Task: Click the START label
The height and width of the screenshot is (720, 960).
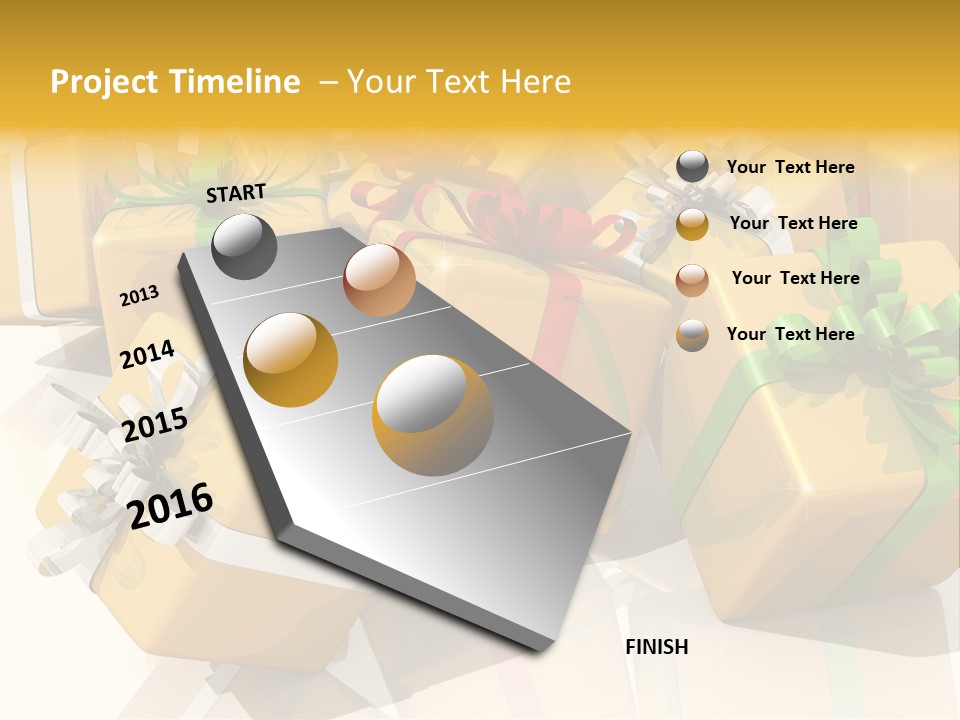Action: (x=236, y=193)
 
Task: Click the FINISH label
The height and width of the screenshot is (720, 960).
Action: (x=656, y=647)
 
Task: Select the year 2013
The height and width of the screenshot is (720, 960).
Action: (x=139, y=296)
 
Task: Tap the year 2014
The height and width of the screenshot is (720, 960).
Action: (x=147, y=355)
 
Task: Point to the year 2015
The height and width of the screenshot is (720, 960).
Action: (x=154, y=425)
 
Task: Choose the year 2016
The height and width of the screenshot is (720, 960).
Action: (x=170, y=506)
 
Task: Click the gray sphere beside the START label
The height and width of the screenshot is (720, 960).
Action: (x=244, y=246)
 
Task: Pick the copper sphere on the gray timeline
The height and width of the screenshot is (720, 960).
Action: (x=379, y=280)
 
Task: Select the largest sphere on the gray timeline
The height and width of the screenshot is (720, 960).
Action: (x=433, y=414)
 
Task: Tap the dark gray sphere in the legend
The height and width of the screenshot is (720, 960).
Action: (x=692, y=167)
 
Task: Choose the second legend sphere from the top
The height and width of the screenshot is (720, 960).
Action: (x=692, y=224)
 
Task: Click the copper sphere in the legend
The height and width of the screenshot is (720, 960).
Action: (x=692, y=280)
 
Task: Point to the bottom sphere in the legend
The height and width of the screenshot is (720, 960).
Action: (x=692, y=335)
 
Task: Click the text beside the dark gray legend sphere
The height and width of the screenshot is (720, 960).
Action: (x=790, y=168)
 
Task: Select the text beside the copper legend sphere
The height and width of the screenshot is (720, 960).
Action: (x=795, y=278)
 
